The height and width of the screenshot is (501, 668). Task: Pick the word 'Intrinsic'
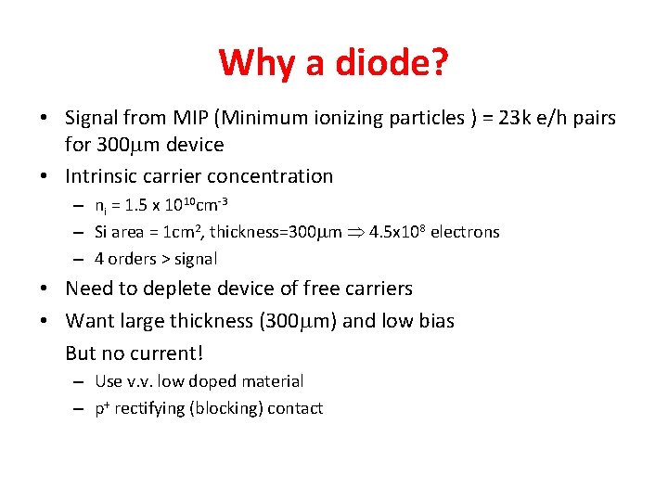102,175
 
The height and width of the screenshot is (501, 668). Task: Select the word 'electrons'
465,232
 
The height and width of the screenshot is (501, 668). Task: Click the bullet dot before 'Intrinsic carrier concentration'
45,176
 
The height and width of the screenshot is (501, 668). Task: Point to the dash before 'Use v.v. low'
80,381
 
